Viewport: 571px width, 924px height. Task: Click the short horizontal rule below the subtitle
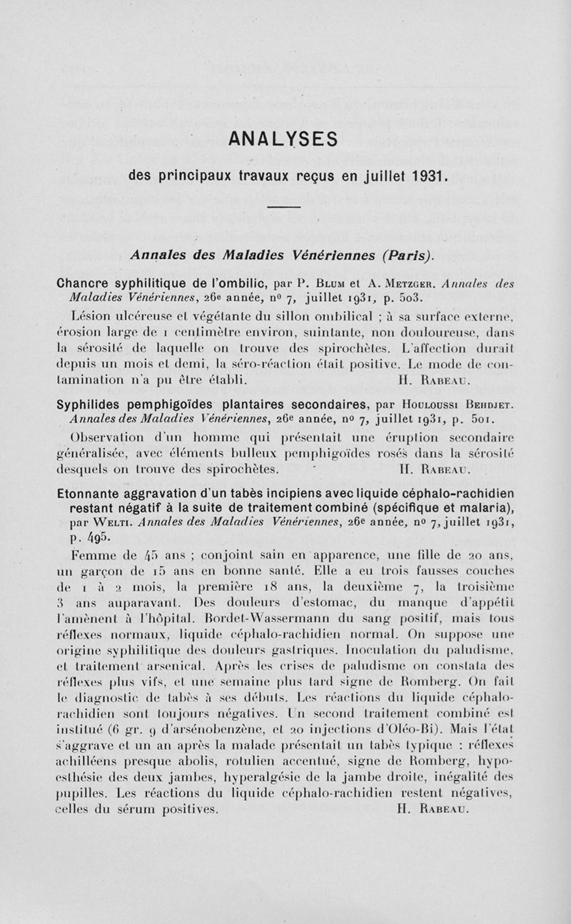coord(285,207)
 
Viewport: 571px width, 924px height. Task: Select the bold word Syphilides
coord(93,405)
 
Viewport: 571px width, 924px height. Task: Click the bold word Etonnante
coord(89,494)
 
